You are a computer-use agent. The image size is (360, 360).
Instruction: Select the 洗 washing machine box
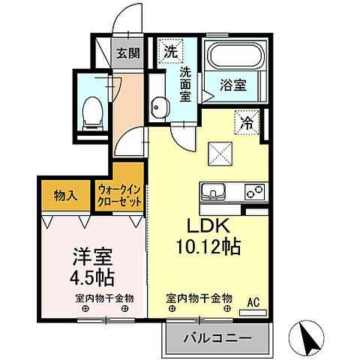171,53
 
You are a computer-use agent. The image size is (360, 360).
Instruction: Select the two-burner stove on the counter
252,191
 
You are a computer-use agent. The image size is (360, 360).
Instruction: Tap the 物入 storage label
65,196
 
